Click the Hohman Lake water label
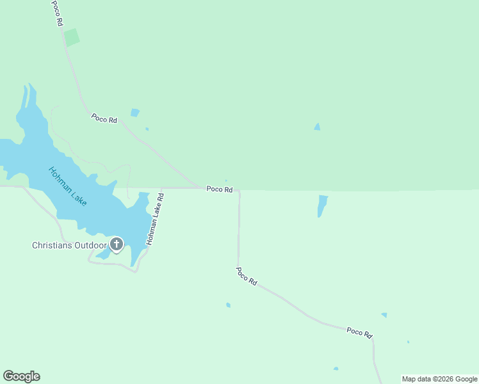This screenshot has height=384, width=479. (68, 186)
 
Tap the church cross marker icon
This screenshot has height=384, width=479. (116, 244)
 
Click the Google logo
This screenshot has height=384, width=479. (21, 376)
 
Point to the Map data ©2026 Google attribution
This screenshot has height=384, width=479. (439, 379)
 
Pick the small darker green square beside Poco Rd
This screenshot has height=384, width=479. (72, 37)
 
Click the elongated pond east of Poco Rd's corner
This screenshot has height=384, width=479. (322, 205)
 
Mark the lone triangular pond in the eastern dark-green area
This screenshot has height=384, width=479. (317, 127)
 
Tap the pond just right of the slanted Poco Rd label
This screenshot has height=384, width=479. (134, 113)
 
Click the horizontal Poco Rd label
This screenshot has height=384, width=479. (219, 189)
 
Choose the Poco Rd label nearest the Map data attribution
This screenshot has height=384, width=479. (359, 332)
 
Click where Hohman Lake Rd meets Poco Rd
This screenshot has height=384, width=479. (162, 189)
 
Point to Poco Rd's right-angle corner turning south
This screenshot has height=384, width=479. (239, 190)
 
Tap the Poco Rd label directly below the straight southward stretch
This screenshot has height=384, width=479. (246, 276)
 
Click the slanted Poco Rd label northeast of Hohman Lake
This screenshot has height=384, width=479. (104, 118)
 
